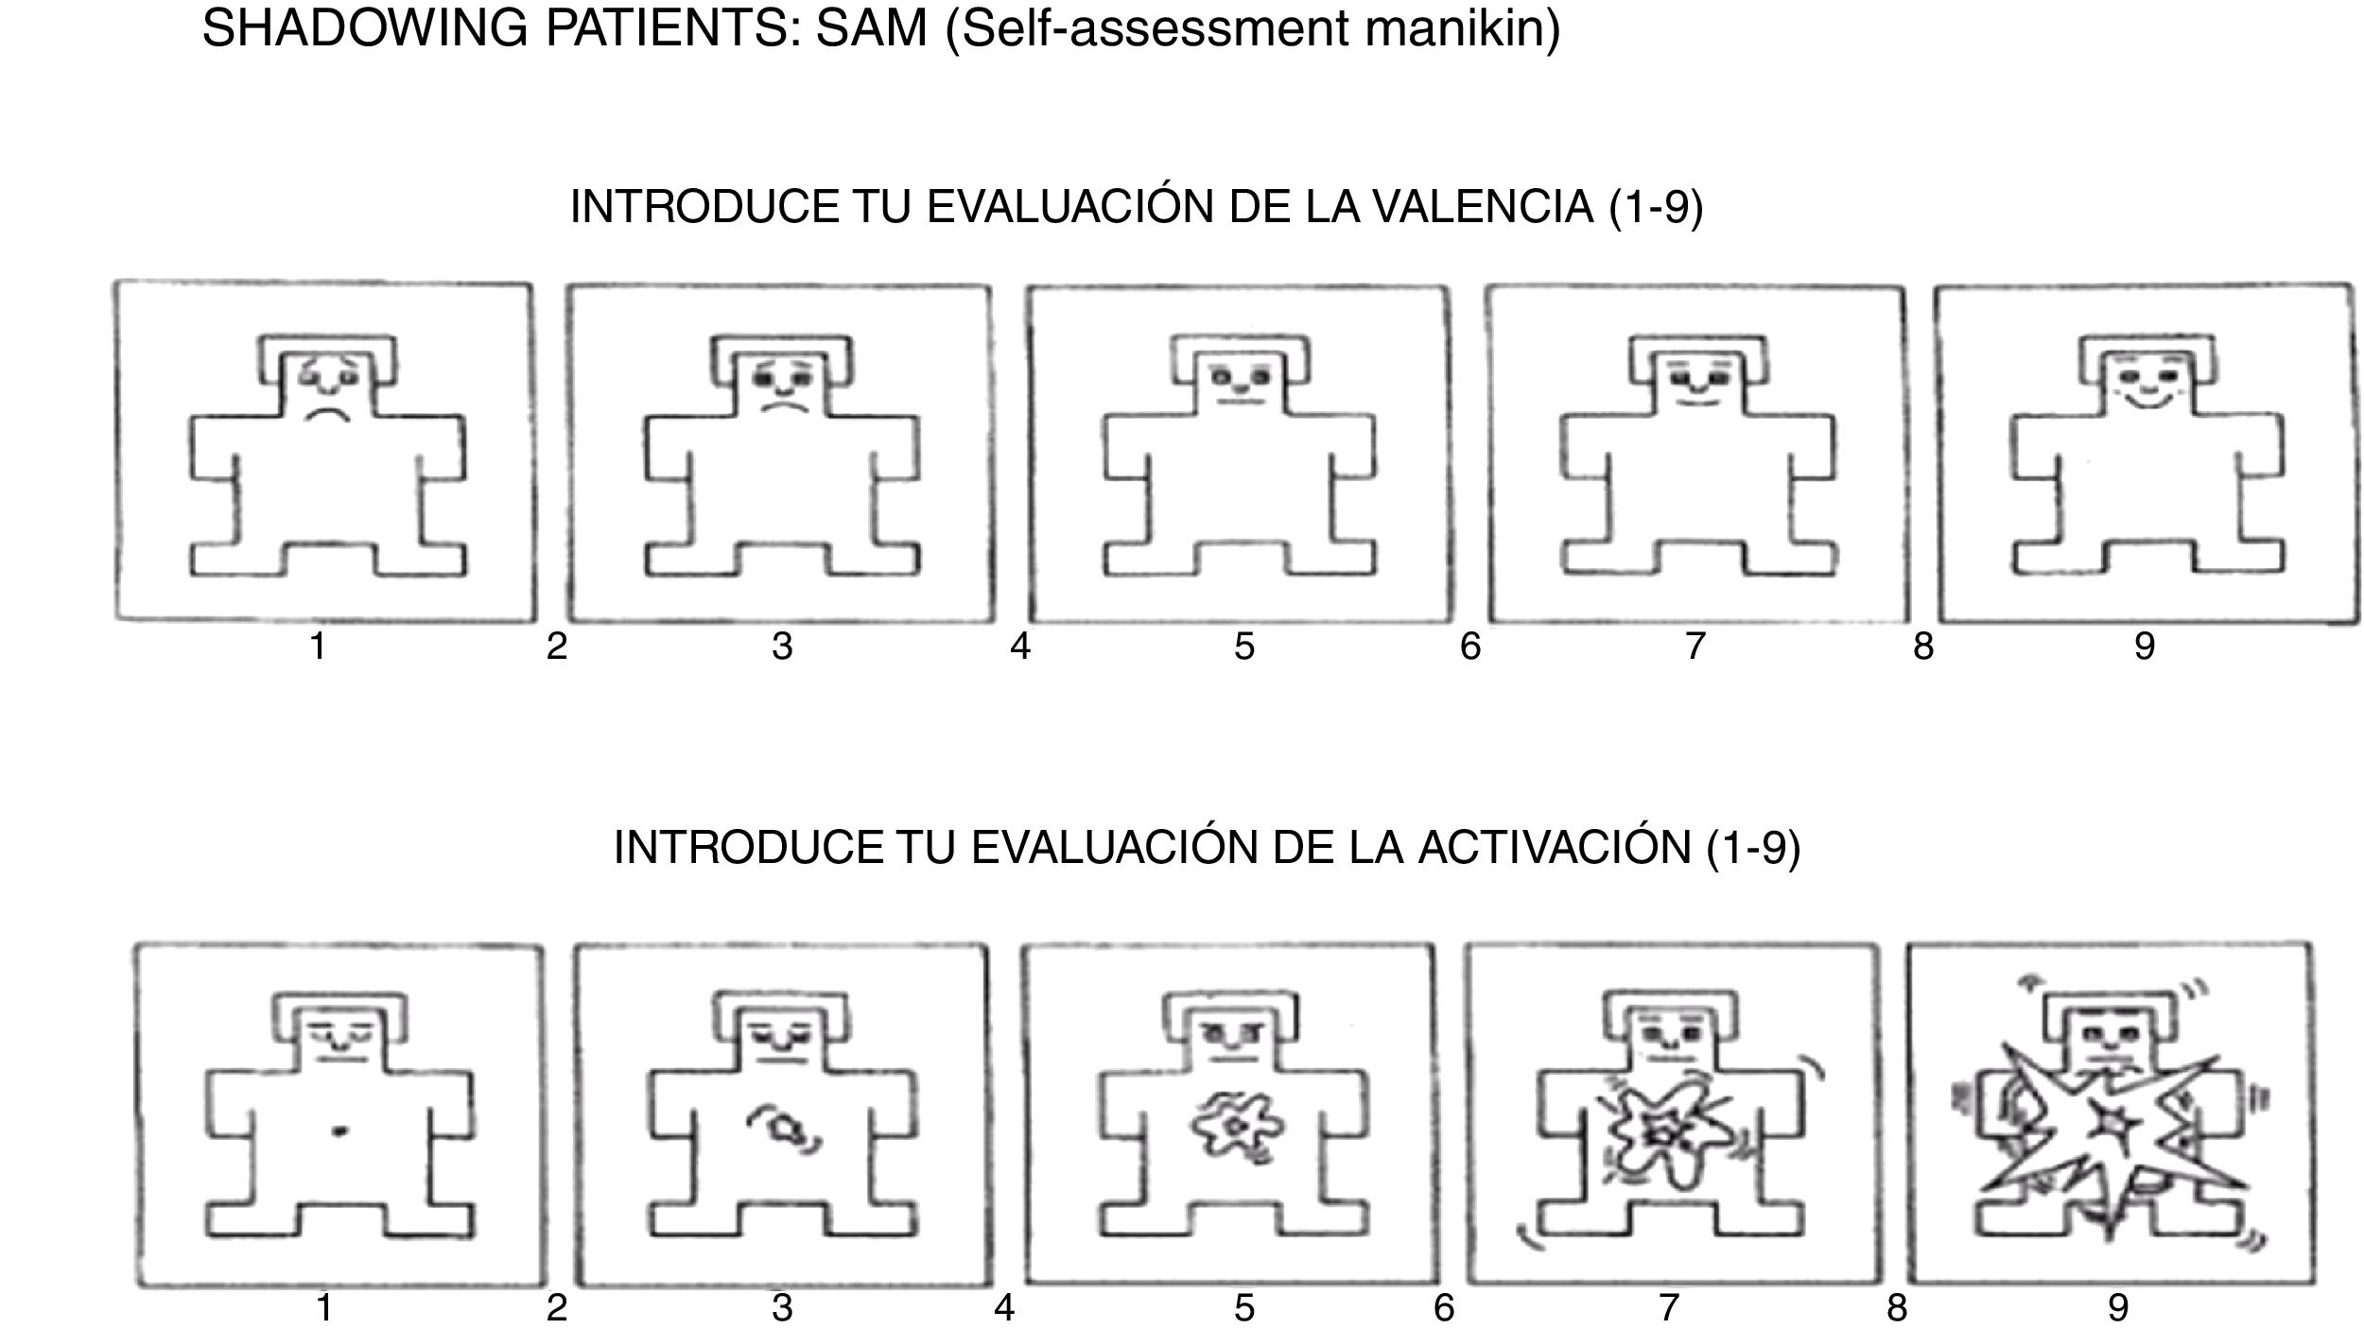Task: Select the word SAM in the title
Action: coord(871,29)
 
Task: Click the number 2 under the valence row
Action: coord(557,647)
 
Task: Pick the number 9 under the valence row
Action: coord(2145,647)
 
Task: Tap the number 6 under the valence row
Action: coord(1470,647)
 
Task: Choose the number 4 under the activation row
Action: coord(1004,1308)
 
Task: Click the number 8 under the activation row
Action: coord(1897,1308)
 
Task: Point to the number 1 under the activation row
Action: coord(324,1308)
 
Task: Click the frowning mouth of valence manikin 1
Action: coord(327,414)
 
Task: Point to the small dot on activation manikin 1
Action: coord(341,1130)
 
